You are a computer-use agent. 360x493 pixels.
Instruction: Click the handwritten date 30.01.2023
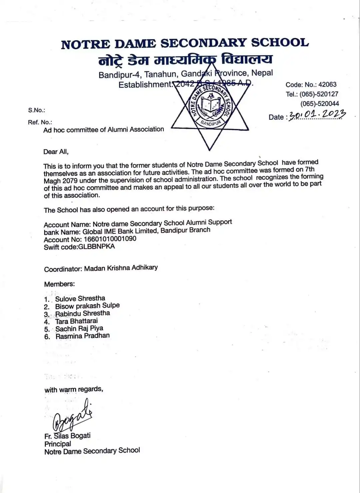pyautogui.click(x=317, y=115)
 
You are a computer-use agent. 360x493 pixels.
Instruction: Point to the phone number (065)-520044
pyautogui.click(x=319, y=104)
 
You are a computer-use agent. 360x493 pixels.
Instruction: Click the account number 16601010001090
pyautogui.click(x=110, y=239)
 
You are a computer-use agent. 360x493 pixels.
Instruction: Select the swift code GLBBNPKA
pyautogui.click(x=96, y=246)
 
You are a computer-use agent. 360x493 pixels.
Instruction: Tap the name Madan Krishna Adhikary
pyautogui.click(x=121, y=268)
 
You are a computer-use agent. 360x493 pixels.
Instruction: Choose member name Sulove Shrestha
pyautogui.click(x=80, y=298)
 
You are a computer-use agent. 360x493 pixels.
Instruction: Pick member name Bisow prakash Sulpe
pyautogui.click(x=87, y=306)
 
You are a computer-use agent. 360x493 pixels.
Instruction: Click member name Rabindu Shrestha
pyautogui.click(x=82, y=313)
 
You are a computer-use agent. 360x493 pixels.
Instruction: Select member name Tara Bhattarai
pyautogui.click(x=76, y=321)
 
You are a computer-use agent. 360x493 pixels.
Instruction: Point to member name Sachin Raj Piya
pyautogui.click(x=79, y=329)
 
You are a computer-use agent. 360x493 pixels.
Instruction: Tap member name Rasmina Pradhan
pyautogui.click(x=82, y=336)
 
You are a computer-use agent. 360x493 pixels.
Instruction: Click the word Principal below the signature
pyautogui.click(x=58, y=444)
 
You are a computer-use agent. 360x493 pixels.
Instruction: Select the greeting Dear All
pyautogui.click(x=56, y=152)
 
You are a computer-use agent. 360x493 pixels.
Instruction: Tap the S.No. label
pyautogui.click(x=36, y=110)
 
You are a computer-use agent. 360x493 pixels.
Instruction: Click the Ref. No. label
pyautogui.click(x=40, y=122)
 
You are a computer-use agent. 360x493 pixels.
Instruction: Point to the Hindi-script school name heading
pyautogui.click(x=185, y=60)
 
